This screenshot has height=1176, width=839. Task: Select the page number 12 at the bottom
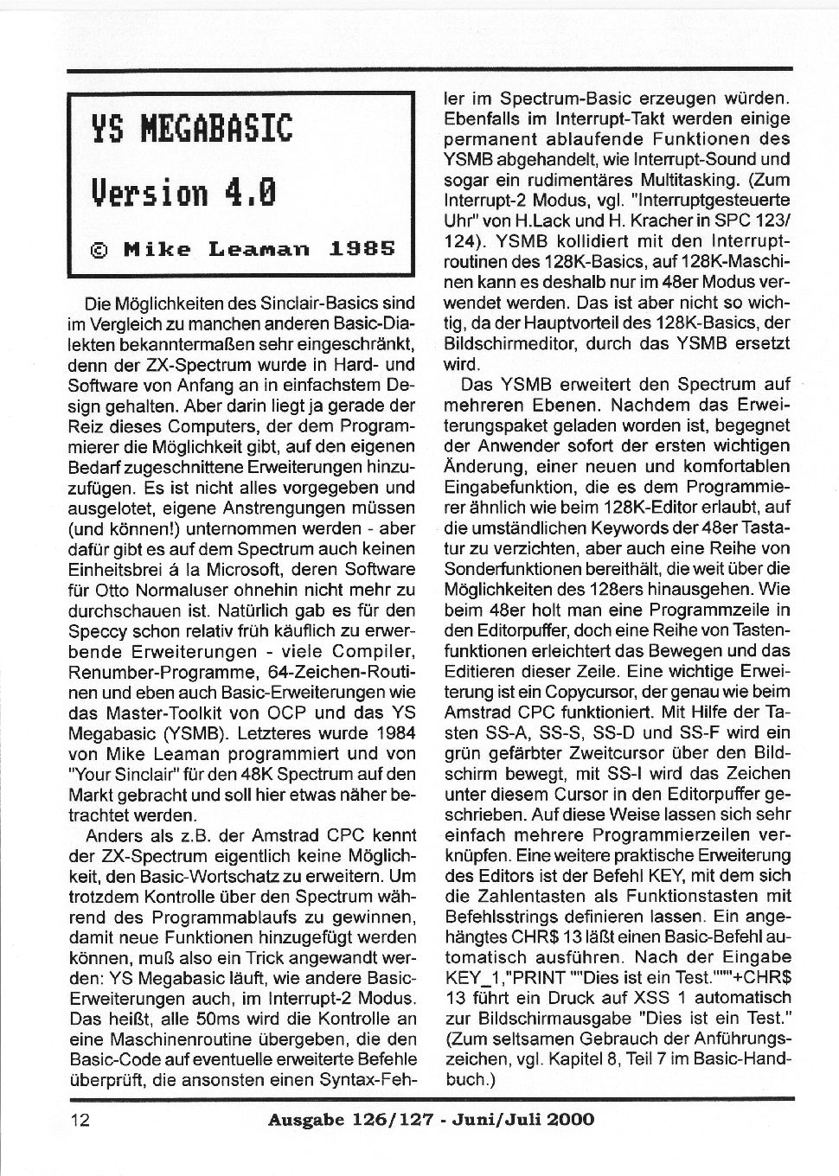[x=80, y=1120]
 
